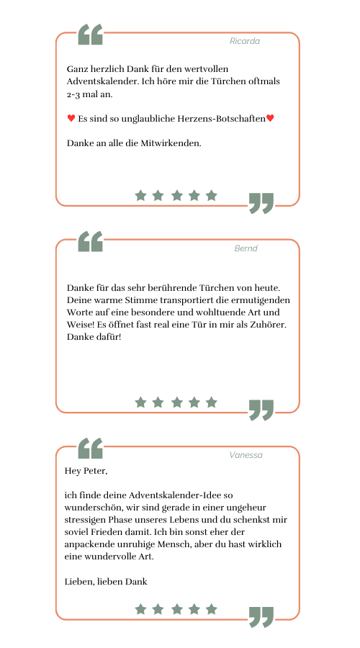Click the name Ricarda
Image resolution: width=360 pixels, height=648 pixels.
click(245, 41)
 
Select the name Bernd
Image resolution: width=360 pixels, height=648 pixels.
click(246, 248)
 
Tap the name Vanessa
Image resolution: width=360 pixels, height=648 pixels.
click(246, 455)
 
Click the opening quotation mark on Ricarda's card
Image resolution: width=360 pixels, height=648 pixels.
click(90, 35)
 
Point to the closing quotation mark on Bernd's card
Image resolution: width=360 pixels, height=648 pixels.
click(261, 410)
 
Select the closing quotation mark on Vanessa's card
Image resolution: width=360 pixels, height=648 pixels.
click(261, 617)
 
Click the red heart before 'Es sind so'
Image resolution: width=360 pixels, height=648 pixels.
click(71, 119)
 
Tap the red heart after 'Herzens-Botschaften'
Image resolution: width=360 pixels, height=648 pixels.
click(270, 119)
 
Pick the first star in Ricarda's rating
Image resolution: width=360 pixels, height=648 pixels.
click(140, 195)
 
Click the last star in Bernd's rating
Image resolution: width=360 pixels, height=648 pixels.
click(211, 402)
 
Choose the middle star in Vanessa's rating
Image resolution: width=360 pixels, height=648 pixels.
click(177, 609)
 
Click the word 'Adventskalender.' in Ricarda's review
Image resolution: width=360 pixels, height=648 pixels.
click(103, 81)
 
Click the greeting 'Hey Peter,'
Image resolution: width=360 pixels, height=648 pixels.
click(86, 471)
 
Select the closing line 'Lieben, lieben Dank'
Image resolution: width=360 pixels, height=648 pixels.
click(106, 582)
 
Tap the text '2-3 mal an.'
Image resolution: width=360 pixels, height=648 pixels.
click(90, 94)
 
